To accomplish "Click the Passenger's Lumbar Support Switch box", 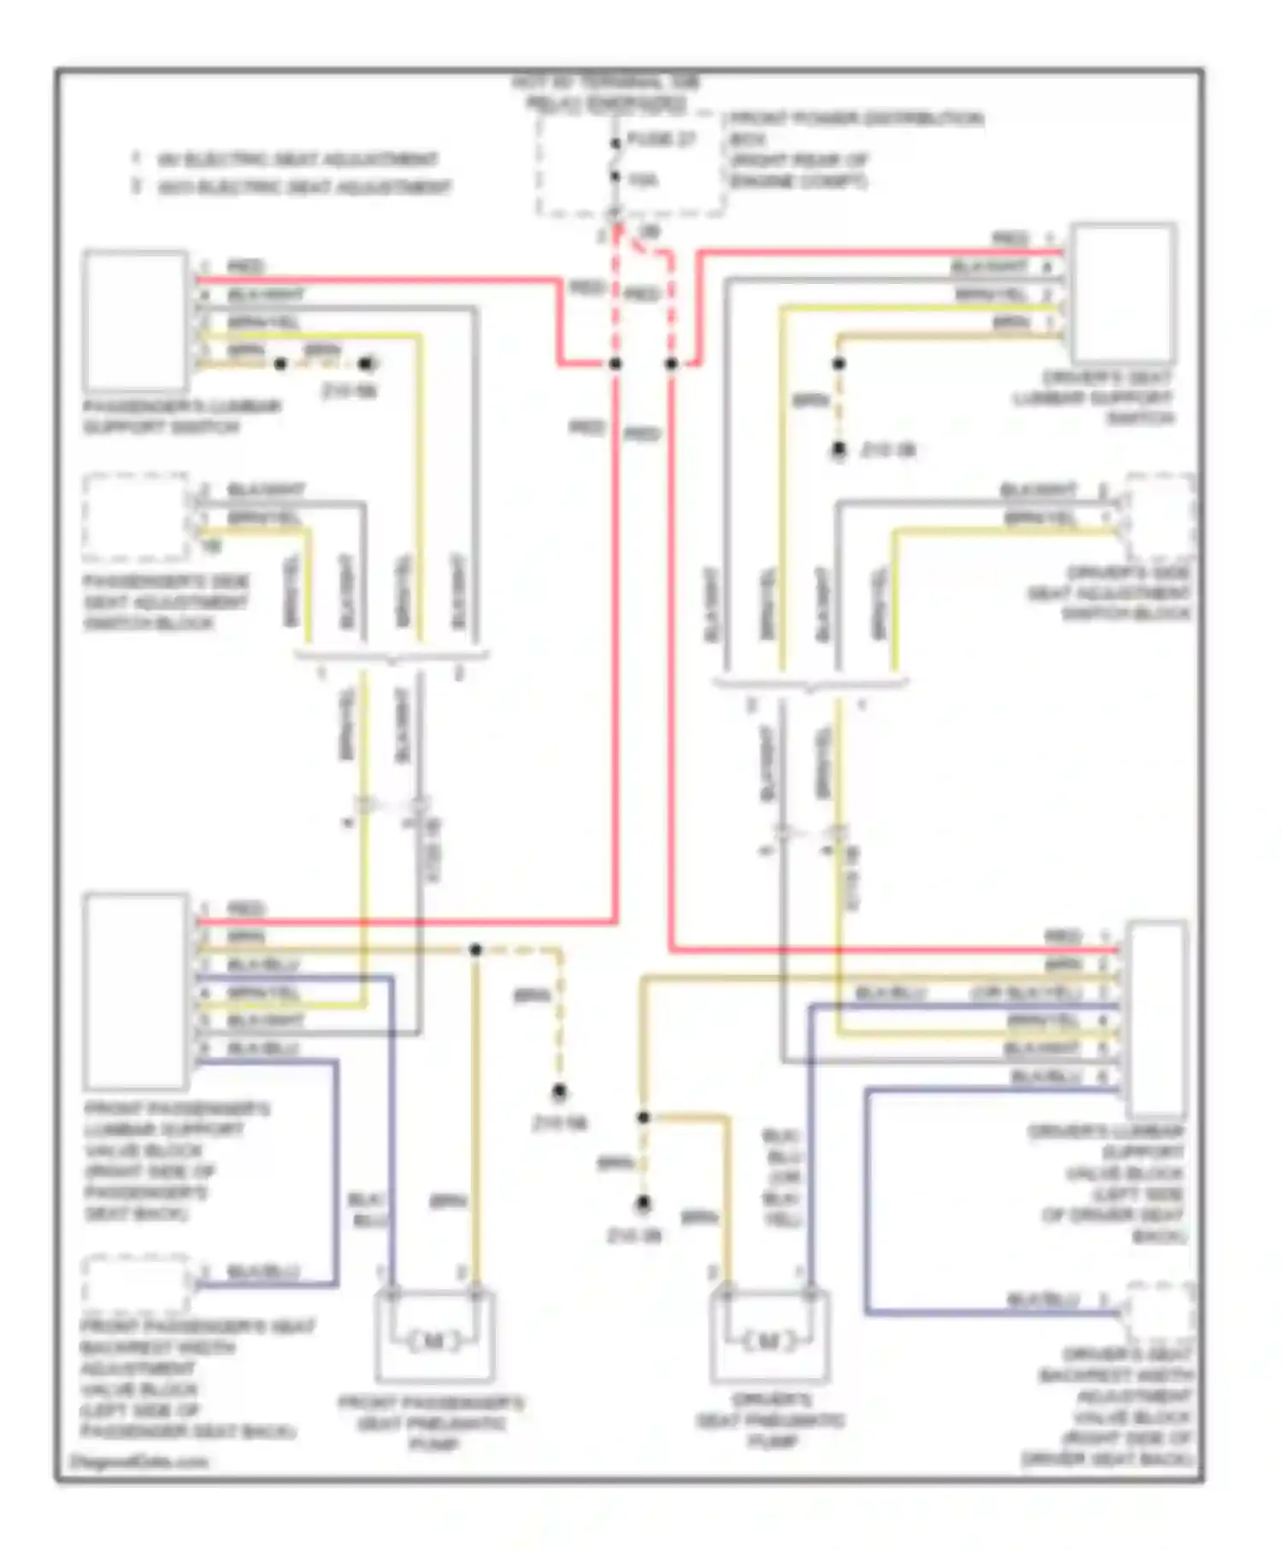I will click(136, 320).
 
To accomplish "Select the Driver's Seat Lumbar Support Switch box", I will click(1123, 293).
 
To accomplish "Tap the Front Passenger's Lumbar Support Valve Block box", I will click(136, 991).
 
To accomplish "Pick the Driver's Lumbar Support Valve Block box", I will click(1156, 1018).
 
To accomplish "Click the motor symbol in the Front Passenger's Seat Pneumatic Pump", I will click(434, 1341).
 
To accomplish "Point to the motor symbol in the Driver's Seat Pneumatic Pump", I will click(769, 1341).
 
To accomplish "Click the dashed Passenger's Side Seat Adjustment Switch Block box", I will click(136, 516).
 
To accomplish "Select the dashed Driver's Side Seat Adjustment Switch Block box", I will click(1160, 516).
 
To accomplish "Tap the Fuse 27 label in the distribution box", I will click(662, 139).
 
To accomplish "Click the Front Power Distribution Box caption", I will click(855, 149).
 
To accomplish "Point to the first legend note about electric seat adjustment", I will click(287, 159).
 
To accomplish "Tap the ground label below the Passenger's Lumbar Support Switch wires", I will click(349, 392).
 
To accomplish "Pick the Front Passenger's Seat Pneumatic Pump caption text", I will click(432, 1423).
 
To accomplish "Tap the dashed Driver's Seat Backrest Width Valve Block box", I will click(1160, 1312).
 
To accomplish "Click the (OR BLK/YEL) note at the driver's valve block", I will click(1026, 993).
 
